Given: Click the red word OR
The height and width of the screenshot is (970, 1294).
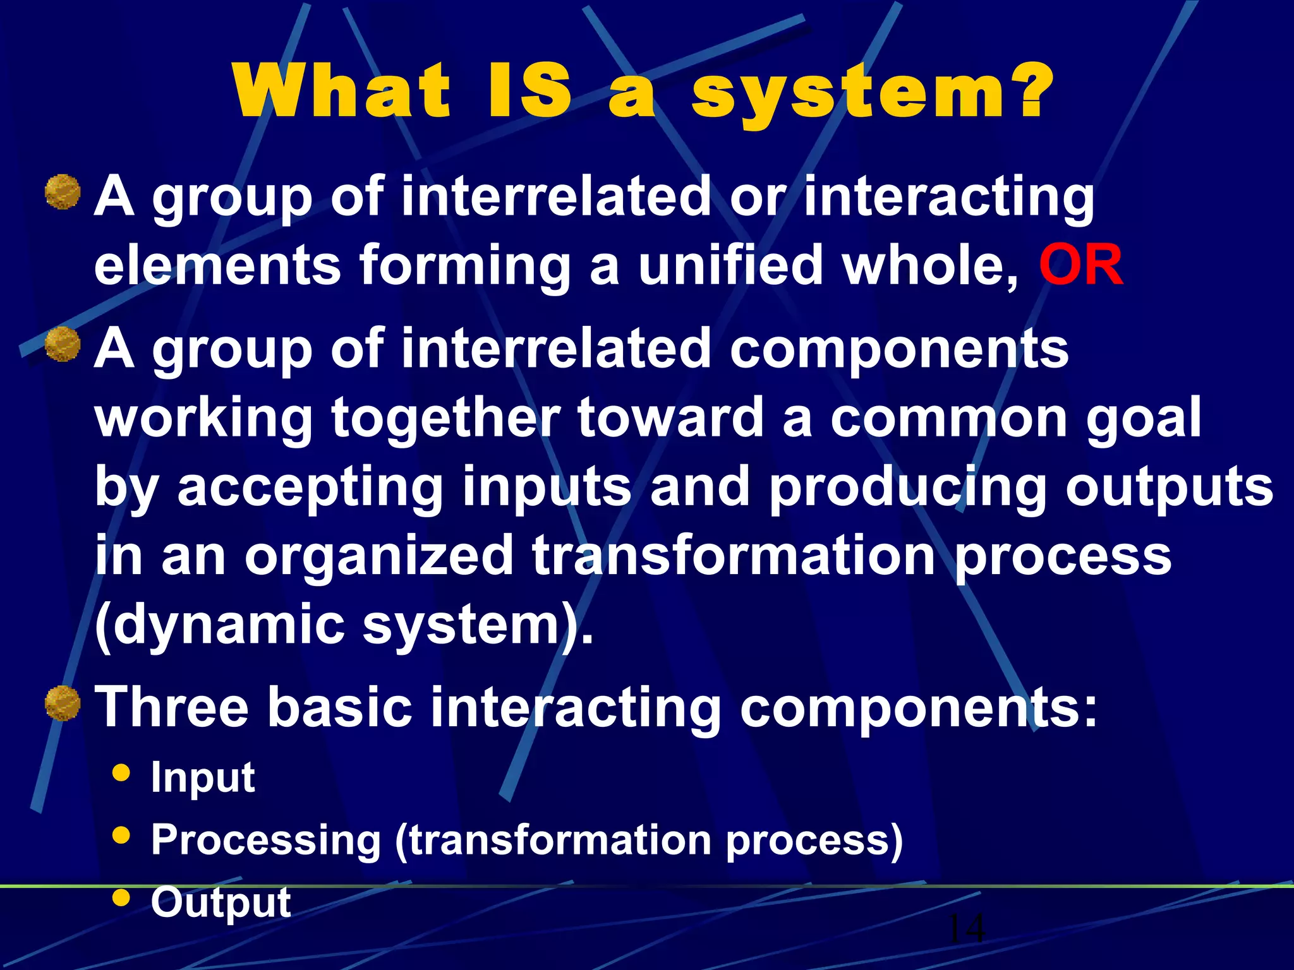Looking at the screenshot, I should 1081,265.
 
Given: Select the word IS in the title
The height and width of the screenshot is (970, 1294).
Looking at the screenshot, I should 529,92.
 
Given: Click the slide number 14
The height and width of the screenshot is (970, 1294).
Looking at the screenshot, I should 966,928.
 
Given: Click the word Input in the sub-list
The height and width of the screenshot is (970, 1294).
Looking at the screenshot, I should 203,778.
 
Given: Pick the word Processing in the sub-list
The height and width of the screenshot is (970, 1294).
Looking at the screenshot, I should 266,841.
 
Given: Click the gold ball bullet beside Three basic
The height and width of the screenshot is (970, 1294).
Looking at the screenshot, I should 63,704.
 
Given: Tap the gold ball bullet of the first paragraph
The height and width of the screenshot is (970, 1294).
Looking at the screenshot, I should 63,192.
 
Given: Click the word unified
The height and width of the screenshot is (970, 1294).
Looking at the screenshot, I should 730,265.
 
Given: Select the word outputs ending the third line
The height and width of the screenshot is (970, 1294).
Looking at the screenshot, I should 1170,488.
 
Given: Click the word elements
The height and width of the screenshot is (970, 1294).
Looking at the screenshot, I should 218,265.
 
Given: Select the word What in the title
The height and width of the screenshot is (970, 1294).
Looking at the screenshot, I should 341,92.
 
